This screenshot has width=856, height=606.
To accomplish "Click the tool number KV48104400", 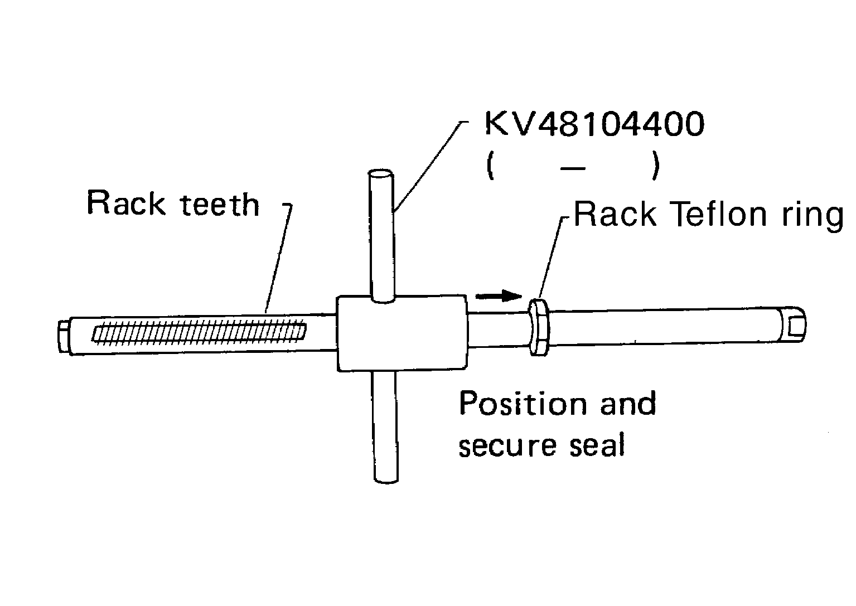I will click(x=594, y=124).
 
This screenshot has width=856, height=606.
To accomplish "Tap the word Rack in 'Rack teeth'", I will click(x=126, y=203).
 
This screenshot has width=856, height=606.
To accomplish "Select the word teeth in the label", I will click(x=221, y=205).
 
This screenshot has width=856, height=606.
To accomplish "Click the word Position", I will click(x=522, y=404).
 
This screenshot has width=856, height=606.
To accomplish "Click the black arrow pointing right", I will click(x=498, y=295).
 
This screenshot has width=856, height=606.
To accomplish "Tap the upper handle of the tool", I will click(x=381, y=234).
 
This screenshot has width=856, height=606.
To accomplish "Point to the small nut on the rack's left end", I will click(x=63, y=336).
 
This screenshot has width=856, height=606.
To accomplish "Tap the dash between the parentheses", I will click(x=573, y=168).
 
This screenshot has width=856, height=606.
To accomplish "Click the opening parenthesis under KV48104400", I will click(x=490, y=167).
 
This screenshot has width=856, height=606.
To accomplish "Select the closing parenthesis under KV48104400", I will click(x=655, y=167).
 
